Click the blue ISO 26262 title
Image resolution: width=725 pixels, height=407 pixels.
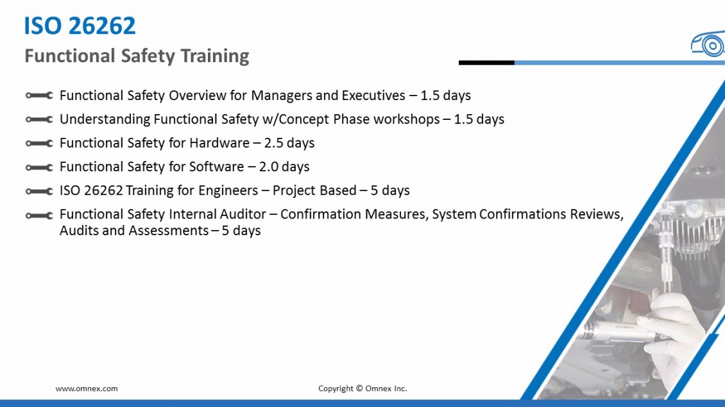click(80, 26)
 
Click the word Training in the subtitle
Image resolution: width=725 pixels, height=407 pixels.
click(214, 56)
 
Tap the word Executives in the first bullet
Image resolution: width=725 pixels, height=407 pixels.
click(373, 95)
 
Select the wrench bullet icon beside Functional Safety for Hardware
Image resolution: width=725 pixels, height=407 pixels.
click(39, 143)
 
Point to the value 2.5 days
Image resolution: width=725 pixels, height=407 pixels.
click(289, 143)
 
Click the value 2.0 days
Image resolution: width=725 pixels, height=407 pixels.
click(284, 167)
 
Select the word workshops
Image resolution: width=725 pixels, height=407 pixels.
click(407, 119)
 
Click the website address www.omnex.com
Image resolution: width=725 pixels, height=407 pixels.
click(87, 388)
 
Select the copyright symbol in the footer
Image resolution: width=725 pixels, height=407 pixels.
click(359, 388)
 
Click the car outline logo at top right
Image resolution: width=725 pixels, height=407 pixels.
click(708, 44)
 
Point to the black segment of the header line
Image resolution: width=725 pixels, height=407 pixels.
click(486, 62)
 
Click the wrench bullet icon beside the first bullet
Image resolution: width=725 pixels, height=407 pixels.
click(39, 96)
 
